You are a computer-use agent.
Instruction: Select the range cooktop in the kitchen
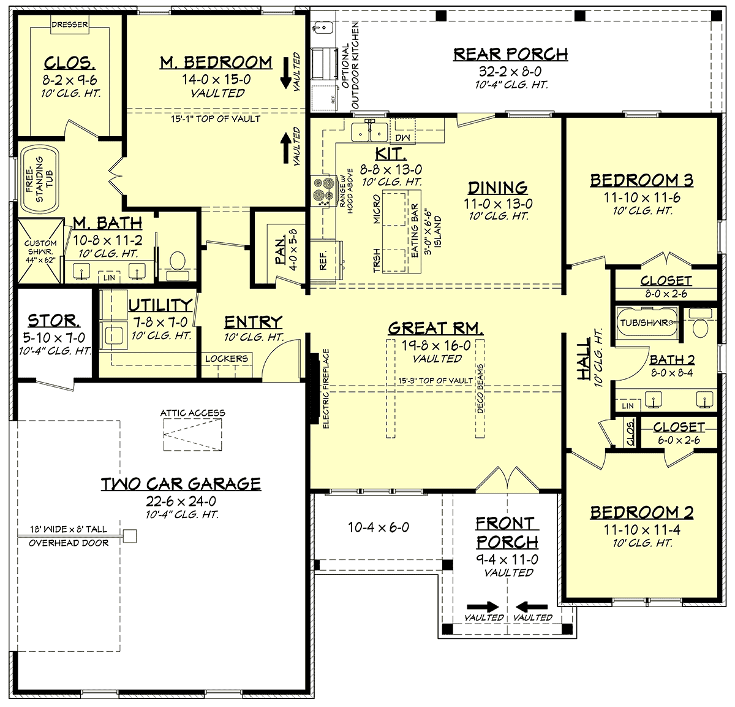pos(319,189)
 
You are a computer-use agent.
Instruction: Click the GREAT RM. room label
pos(435,328)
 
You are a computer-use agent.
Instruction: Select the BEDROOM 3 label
pos(641,180)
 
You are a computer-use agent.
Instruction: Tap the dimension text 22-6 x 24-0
pos(181,502)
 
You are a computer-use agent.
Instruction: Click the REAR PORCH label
pos(510,55)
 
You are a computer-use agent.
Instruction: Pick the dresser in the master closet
pos(69,25)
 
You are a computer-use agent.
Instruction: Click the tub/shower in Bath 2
pos(646,323)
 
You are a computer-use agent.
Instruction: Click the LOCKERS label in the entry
pos(227,358)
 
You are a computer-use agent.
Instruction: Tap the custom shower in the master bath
pos(40,251)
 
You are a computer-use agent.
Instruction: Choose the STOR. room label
pos(53,321)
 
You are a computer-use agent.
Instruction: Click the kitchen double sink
pos(370,131)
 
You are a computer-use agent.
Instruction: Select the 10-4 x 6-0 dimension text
pos(379,527)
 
